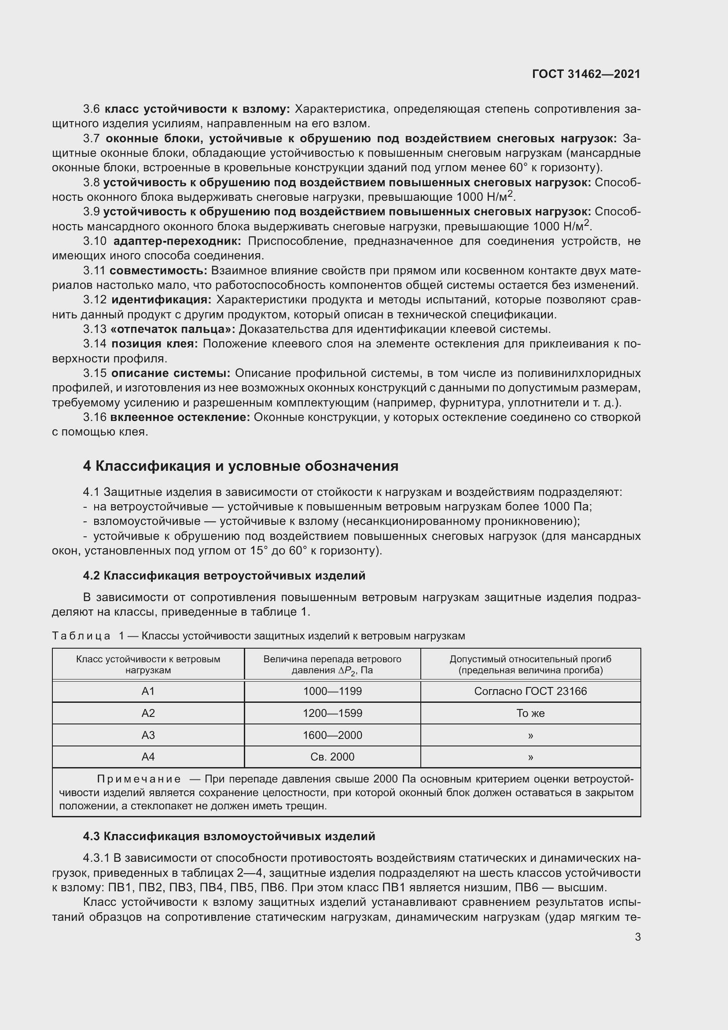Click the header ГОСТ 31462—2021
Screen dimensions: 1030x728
tap(586, 74)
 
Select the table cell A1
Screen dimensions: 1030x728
tap(148, 691)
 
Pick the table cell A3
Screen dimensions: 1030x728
tap(148, 735)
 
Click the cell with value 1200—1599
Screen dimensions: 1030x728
tap(332, 713)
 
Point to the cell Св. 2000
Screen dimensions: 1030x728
tap(332, 757)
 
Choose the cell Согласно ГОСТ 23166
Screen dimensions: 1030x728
tap(530, 691)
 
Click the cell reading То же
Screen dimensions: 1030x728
tap(530, 713)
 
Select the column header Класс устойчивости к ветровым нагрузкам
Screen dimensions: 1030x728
tap(148, 665)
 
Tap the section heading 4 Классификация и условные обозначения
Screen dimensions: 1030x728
tap(241, 466)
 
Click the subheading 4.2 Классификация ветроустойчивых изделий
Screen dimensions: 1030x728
tap(224, 576)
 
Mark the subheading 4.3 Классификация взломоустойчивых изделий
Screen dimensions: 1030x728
tap(229, 836)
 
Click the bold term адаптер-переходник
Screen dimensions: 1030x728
tap(177, 241)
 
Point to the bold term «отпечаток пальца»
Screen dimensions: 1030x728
tap(173, 329)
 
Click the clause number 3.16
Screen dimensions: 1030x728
tap(95, 417)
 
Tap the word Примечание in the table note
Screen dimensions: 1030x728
tap(139, 779)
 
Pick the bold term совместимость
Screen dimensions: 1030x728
tap(158, 270)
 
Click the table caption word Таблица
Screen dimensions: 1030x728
tap(81, 636)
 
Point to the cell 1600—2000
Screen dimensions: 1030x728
tap(332, 735)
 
